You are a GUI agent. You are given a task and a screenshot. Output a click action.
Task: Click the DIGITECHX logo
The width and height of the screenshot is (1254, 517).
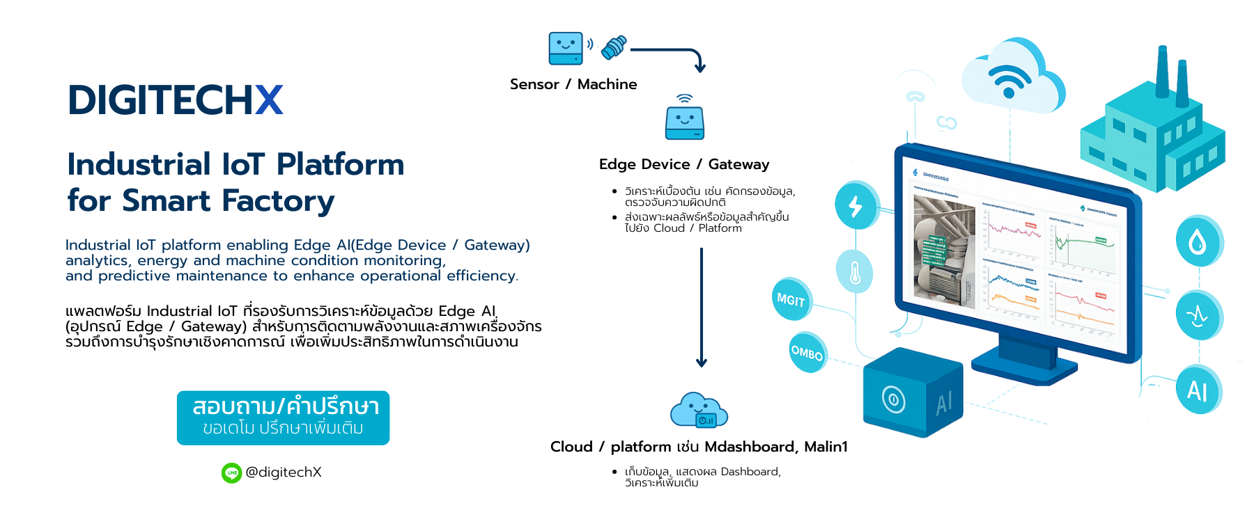point(176,100)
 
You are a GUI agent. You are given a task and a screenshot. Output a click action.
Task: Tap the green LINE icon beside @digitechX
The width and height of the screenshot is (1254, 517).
point(231,473)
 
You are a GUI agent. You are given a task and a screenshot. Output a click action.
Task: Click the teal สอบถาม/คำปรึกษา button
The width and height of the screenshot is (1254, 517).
point(283,417)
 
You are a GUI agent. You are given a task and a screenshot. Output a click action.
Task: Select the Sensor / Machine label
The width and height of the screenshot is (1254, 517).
point(573,84)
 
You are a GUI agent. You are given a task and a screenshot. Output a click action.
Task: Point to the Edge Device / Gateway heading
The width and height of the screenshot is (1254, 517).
point(683,164)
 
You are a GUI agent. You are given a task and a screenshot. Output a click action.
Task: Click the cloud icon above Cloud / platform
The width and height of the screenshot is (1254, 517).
point(699,410)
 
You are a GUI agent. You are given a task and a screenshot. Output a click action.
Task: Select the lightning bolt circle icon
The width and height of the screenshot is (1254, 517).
point(856,206)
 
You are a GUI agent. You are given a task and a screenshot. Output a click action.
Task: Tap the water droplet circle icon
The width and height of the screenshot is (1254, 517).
point(1198,241)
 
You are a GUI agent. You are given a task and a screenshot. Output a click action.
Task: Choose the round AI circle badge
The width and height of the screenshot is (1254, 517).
point(1198,390)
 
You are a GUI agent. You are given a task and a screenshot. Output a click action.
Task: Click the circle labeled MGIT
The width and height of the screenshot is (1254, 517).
point(791,300)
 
